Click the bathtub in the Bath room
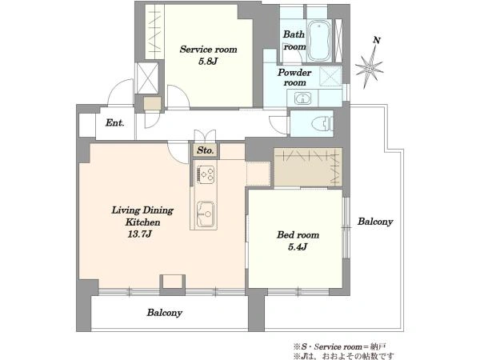319,41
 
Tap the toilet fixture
322,124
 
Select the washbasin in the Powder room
302,98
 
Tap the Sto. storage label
206,150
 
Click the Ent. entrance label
114,123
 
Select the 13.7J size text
139,234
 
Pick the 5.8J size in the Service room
208,62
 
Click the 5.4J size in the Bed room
298,246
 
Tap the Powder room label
294,78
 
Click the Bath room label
294,40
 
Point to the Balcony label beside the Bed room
375,222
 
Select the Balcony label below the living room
164,313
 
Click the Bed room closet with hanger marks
308,167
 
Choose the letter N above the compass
377,40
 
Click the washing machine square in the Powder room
330,76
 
